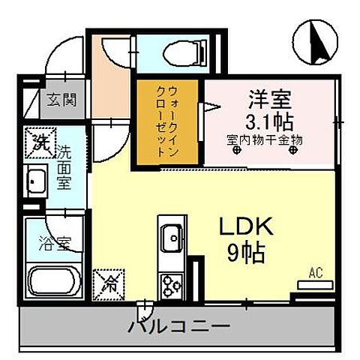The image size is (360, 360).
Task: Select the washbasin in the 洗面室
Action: (36, 181)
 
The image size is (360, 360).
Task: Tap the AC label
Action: (316, 274)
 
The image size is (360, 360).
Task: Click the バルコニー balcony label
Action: (177, 326)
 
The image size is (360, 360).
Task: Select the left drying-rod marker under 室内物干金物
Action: (238, 150)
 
